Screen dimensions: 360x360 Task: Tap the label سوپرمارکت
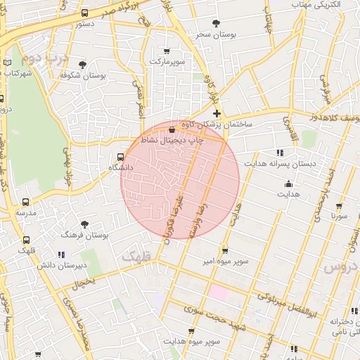tap(167, 61)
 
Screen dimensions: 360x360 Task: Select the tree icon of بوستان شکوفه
tap(83, 65)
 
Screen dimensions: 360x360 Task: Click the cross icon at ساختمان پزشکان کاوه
tap(217, 113)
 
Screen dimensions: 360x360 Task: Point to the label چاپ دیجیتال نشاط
tap(172, 140)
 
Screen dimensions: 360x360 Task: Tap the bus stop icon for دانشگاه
tap(120, 157)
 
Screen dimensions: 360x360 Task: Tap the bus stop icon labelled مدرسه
tap(26, 202)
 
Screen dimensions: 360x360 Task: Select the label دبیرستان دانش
tap(62, 265)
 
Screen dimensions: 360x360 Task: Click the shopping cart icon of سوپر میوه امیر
tap(224, 250)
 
